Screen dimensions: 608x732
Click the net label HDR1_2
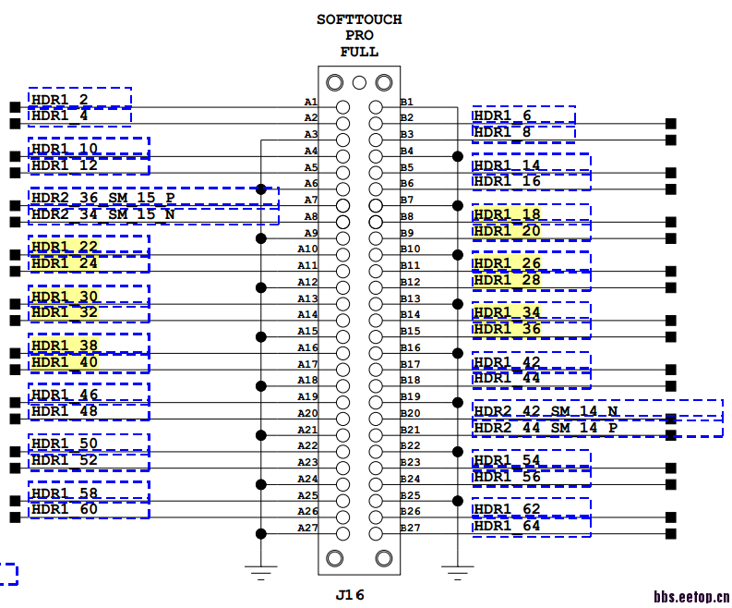pyautogui.click(x=60, y=100)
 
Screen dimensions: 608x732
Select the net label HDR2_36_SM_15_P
pyautogui.click(x=102, y=198)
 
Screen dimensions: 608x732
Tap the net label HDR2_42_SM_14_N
pyautogui.click(x=546, y=411)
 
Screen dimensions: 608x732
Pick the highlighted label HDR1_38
pyautogui.click(x=64, y=346)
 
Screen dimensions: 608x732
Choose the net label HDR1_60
pyautogui.click(x=64, y=509)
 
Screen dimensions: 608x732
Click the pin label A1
pyautogui.click(x=310, y=102)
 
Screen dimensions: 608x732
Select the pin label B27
pyautogui.click(x=410, y=529)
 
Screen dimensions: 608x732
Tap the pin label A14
pyautogui.click(x=307, y=315)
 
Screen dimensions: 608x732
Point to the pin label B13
pyautogui.click(x=410, y=298)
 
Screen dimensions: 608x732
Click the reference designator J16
pyautogui.click(x=350, y=595)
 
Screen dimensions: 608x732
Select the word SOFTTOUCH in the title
pyautogui.click(x=359, y=19)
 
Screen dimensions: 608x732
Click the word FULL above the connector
pyautogui.click(x=359, y=52)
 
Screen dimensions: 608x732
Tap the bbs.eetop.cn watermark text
pyautogui.click(x=691, y=597)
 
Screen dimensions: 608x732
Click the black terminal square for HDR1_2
pyautogui.click(x=14, y=107)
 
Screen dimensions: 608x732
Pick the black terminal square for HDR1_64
pyautogui.click(x=671, y=533)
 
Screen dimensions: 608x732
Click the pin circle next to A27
pyautogui.click(x=342, y=533)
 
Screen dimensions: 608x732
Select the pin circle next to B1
pyautogui.click(x=376, y=107)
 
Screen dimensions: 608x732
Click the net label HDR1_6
pyautogui.click(x=502, y=116)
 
